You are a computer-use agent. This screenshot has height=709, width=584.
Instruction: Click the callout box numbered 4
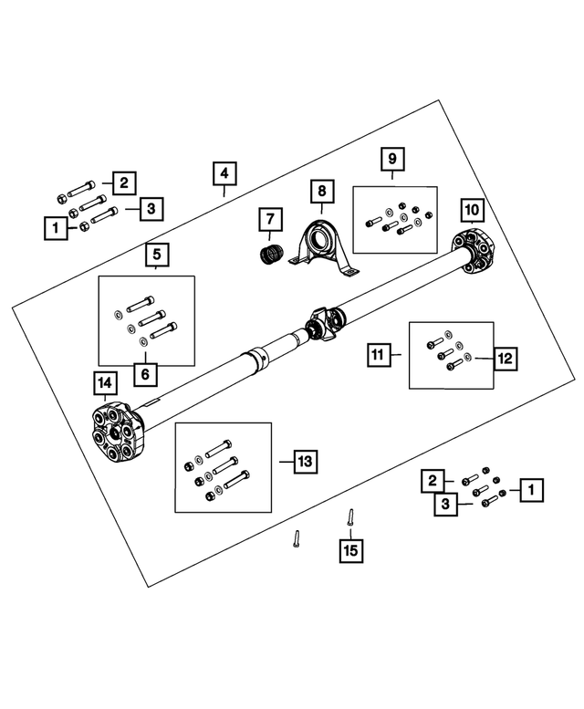coord(224,173)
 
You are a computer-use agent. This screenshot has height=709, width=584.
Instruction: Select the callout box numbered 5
coord(156,255)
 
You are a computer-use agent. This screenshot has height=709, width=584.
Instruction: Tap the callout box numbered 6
coord(145,374)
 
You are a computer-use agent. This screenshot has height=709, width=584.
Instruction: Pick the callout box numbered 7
coord(270,219)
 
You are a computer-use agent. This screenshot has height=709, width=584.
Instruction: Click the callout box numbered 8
coord(322,192)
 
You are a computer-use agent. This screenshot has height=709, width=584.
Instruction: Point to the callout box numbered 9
coord(392,159)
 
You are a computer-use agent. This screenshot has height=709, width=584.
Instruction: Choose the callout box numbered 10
coord(472,210)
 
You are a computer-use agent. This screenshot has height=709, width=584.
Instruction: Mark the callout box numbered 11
coord(379,354)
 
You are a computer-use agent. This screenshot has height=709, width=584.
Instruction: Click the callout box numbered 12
coord(505,359)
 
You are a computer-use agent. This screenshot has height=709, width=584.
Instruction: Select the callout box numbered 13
coord(306,462)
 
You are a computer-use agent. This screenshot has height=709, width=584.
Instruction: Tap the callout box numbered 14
coord(104,383)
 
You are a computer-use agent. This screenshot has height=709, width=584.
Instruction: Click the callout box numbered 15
coord(350,551)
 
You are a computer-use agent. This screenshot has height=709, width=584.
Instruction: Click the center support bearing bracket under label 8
coord(322,247)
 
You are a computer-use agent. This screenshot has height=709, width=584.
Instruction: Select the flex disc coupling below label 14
coord(118,433)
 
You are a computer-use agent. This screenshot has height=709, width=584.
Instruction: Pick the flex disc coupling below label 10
coord(474,252)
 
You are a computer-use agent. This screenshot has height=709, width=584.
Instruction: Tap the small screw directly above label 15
coord(350,516)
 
